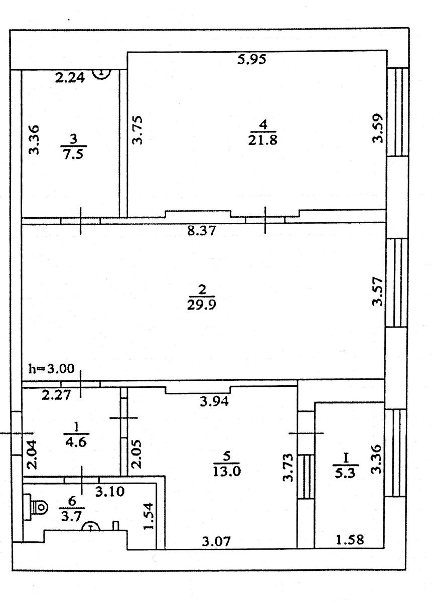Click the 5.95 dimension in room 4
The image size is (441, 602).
251,59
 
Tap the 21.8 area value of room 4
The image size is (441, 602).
262,140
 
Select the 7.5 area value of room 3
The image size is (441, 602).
73,155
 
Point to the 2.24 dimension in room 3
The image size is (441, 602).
70,78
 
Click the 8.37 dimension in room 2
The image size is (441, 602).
201,231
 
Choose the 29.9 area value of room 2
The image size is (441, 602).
201,305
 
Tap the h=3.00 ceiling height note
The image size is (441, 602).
52,369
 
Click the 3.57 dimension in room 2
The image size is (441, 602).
377,291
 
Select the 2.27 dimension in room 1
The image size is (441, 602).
56,395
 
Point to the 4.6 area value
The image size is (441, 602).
76,442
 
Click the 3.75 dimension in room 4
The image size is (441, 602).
137,130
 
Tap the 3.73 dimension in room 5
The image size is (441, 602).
288,468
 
